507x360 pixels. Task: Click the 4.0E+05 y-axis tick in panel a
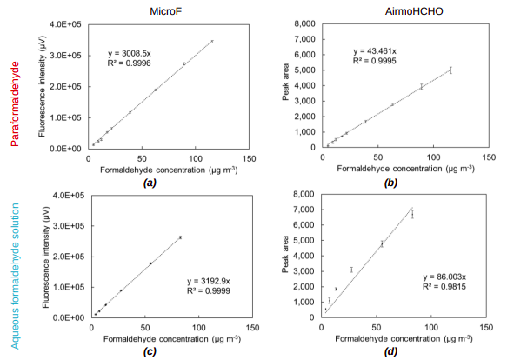click(70, 23)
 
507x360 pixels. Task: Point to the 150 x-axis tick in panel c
click(249, 328)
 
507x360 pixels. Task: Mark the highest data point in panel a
click(211, 41)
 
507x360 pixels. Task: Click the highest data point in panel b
click(450, 70)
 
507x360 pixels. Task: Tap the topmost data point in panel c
click(180, 237)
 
